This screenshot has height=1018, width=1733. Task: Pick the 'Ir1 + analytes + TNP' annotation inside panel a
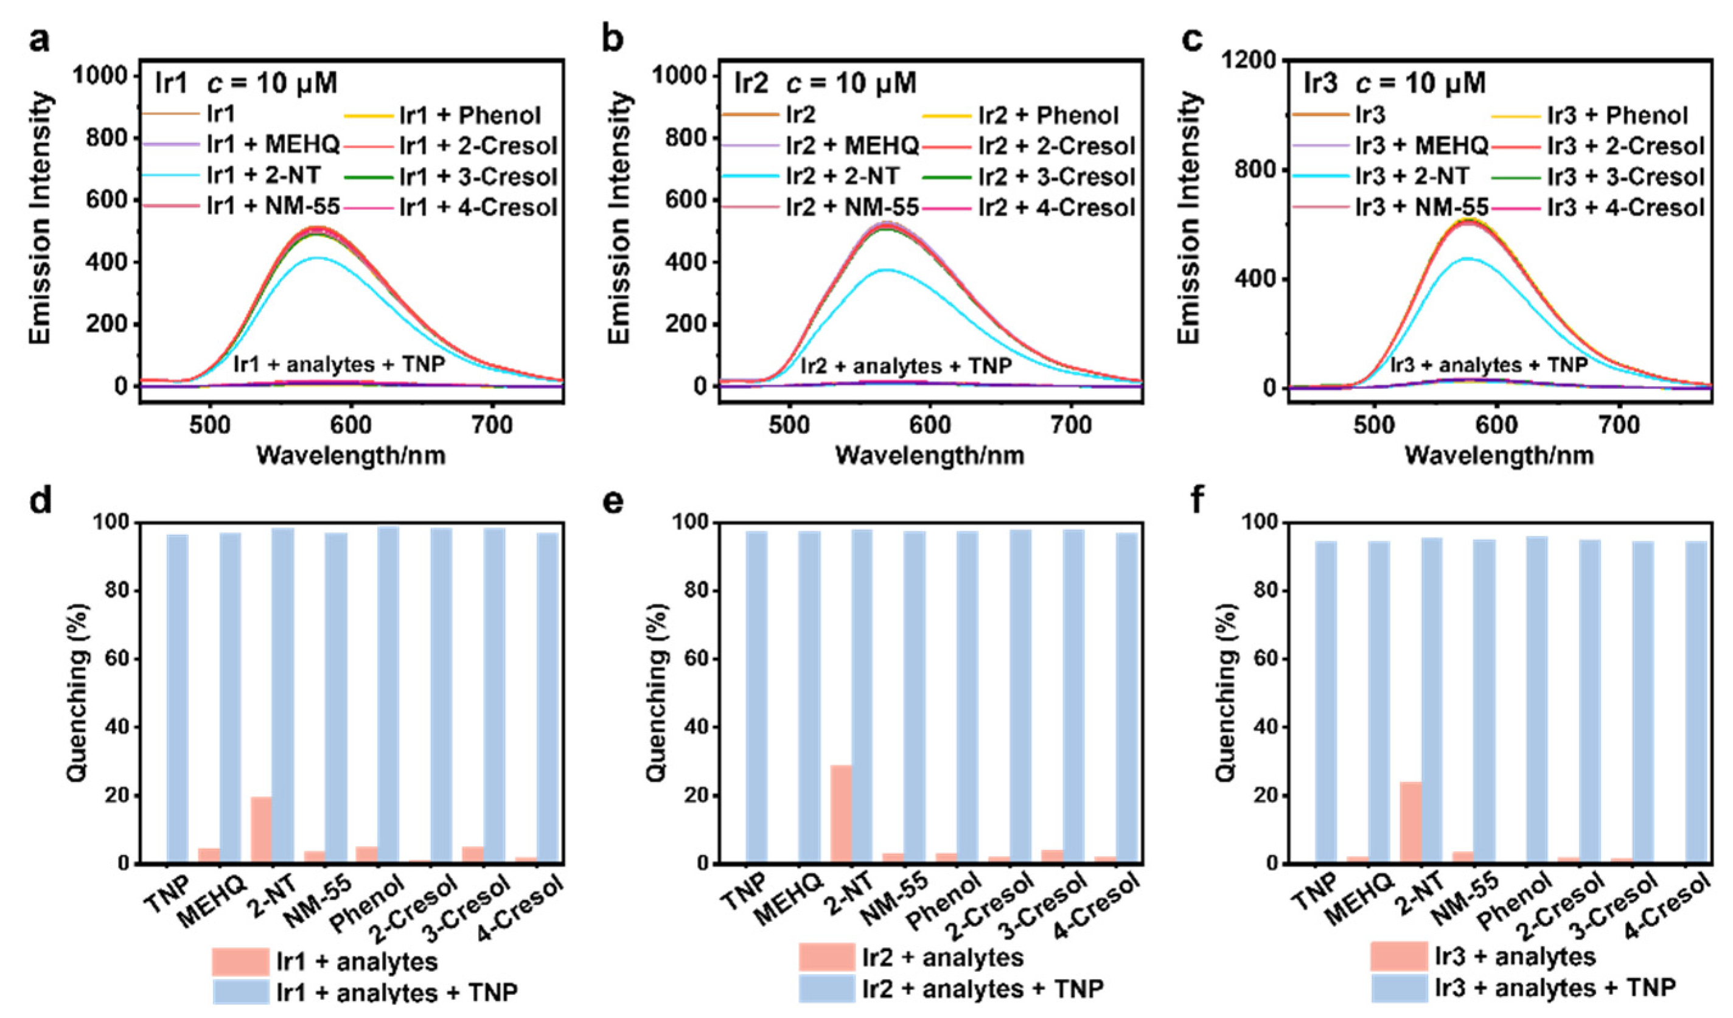pyautogui.click(x=339, y=364)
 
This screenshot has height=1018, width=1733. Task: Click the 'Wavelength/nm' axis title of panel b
pyautogui.click(x=930, y=455)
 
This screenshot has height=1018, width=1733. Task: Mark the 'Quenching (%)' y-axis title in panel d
pyautogui.click(x=78, y=692)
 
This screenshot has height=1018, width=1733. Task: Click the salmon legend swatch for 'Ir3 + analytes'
pyautogui.click(x=1399, y=957)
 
